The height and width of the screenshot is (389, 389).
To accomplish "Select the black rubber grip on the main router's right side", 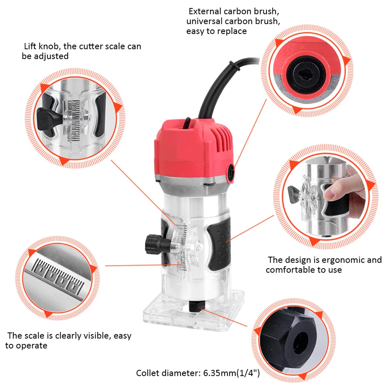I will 218,245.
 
